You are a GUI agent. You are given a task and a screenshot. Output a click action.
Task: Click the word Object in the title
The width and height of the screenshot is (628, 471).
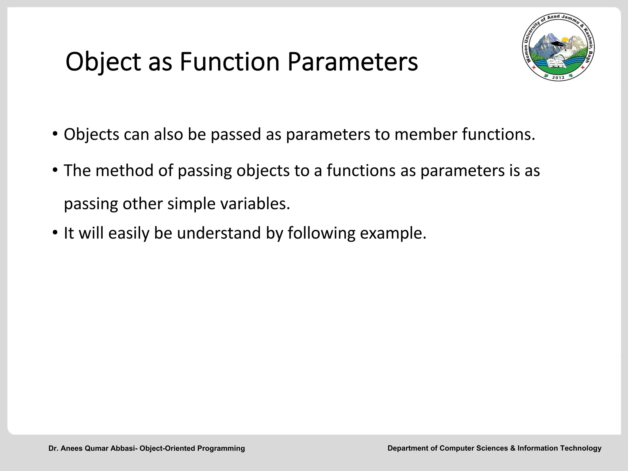pyautogui.click(x=103, y=62)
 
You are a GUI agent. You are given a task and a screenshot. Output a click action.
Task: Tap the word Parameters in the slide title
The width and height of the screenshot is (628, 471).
pyautogui.click(x=353, y=62)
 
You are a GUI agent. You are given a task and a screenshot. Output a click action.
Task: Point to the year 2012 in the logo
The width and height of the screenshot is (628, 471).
pyautogui.click(x=558, y=77)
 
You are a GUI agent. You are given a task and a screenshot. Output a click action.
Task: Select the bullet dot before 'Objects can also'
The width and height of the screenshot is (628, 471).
pyautogui.click(x=55, y=134)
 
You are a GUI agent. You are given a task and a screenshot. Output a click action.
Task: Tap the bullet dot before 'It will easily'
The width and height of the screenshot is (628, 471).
pyautogui.click(x=55, y=233)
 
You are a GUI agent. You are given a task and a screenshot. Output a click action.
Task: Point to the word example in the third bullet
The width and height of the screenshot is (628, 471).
pyautogui.click(x=393, y=233)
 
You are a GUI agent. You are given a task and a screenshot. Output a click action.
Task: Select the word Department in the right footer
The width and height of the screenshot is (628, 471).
pyautogui.click(x=408, y=448)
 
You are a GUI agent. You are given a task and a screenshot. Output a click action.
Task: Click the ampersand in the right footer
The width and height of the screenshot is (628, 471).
pyautogui.click(x=513, y=448)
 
